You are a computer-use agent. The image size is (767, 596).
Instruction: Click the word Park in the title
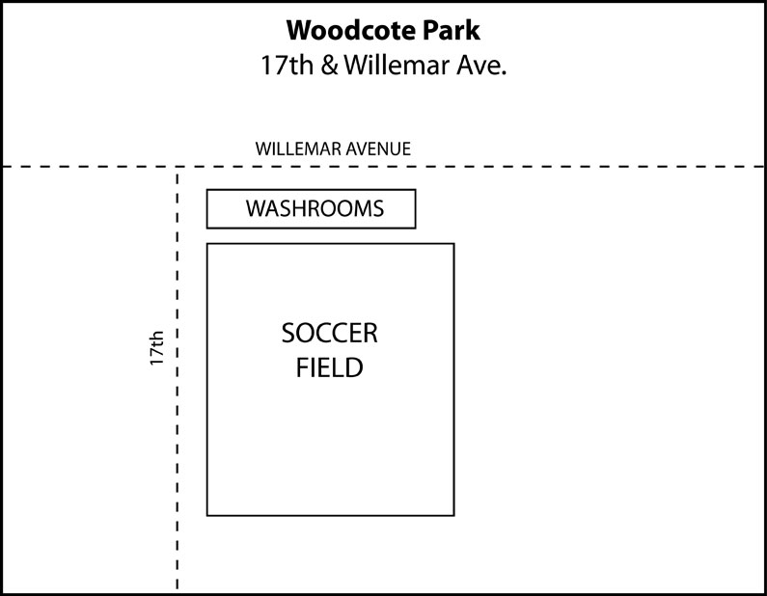(452, 30)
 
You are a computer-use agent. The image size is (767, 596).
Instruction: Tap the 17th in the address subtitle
(288, 65)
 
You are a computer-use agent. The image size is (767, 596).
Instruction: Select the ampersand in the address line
(330, 66)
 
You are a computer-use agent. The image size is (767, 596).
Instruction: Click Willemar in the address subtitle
(397, 65)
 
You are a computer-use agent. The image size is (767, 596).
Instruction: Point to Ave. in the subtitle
(481, 66)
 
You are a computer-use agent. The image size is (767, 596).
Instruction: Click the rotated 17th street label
(156, 348)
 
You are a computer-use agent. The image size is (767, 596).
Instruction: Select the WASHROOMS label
(315, 208)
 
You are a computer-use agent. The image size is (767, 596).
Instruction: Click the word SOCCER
(330, 334)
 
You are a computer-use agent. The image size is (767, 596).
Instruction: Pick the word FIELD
(330, 367)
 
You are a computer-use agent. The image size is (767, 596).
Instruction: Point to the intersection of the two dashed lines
(178, 167)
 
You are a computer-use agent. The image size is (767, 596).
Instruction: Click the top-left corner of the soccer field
(207, 243)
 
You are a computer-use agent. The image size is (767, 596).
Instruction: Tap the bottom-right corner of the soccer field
(454, 515)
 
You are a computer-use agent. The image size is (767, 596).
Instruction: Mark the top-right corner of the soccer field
(454, 243)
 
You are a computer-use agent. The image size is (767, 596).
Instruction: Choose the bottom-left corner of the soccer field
(207, 515)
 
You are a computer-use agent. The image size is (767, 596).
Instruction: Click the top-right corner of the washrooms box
(415, 190)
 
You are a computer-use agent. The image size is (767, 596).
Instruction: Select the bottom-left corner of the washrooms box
(207, 228)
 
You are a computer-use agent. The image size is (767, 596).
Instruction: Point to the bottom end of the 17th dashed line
(178, 589)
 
